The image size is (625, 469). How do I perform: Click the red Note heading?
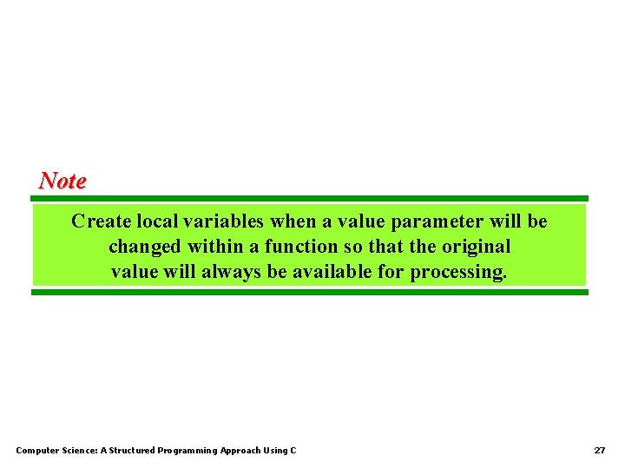click(x=62, y=181)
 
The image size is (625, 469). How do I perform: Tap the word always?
click(x=232, y=272)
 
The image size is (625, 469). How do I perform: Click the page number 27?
click(x=599, y=451)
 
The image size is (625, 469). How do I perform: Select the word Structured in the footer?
click(x=131, y=451)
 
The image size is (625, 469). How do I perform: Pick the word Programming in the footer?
click(x=188, y=451)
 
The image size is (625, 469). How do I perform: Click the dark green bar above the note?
click(x=310, y=198)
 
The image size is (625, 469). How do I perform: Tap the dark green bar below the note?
click(x=310, y=292)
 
